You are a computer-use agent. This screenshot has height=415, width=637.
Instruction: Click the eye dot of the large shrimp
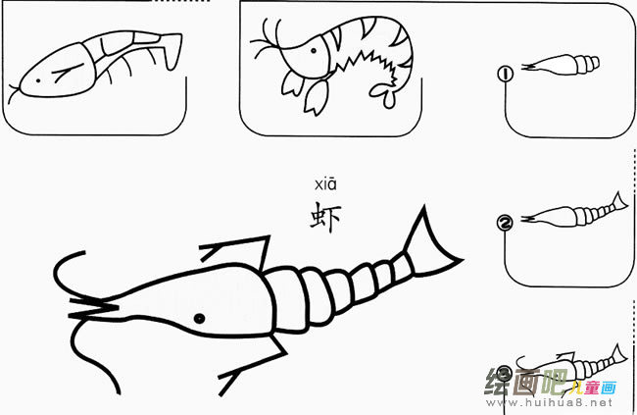[x=198, y=318]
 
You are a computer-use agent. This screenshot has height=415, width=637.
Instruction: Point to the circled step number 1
[x=506, y=73]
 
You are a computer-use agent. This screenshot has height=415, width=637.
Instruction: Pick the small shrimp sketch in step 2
[x=573, y=213]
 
